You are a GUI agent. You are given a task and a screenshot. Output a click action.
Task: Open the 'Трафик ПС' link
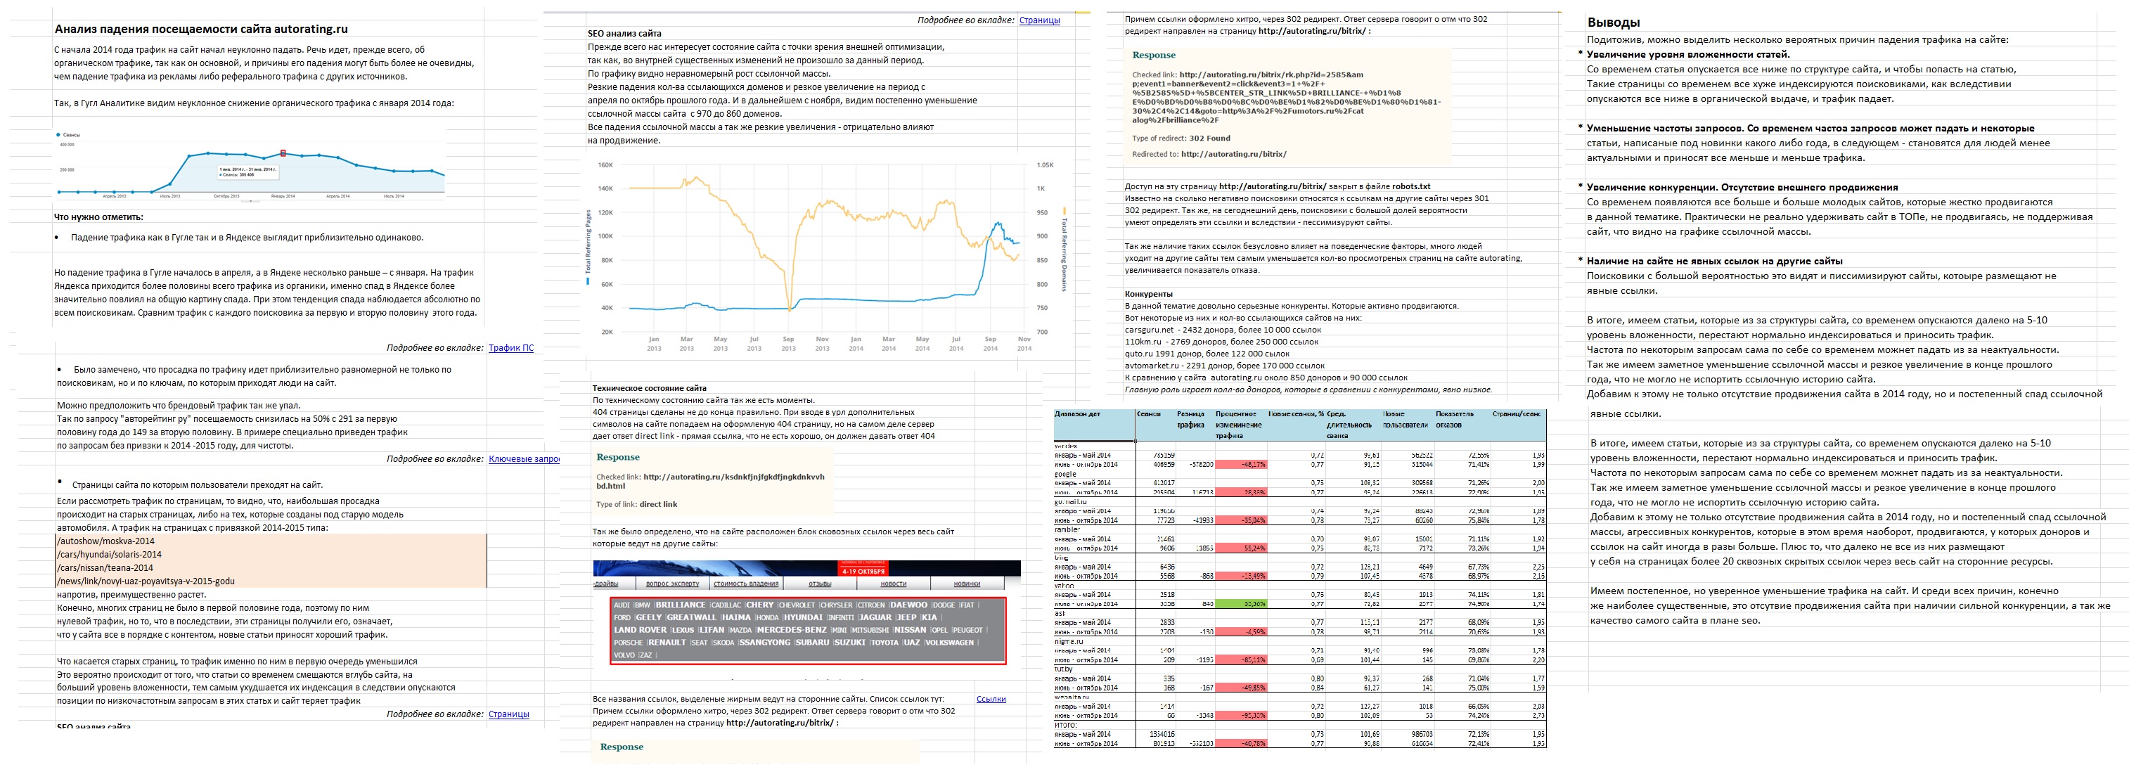[x=510, y=348]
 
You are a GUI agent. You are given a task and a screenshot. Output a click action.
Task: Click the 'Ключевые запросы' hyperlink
[x=524, y=458]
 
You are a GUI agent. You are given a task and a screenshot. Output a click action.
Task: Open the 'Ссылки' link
[x=991, y=699]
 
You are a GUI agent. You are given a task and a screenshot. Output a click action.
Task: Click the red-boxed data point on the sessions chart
[x=283, y=153]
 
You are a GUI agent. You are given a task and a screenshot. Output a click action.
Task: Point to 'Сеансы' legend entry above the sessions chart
[x=70, y=134]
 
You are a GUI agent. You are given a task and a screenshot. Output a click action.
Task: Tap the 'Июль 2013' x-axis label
[x=170, y=197]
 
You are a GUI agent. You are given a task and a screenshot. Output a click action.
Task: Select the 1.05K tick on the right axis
[x=1045, y=165]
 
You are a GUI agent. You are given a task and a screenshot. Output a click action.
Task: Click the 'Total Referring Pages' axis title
[x=588, y=242]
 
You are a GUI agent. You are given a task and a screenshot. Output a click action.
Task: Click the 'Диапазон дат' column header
[x=1078, y=414]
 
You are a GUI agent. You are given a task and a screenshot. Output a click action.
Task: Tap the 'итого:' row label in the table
[x=1066, y=724]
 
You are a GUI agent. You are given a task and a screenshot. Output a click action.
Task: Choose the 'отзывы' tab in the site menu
[x=820, y=584]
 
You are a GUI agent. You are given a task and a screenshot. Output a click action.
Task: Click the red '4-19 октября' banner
[x=863, y=571]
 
